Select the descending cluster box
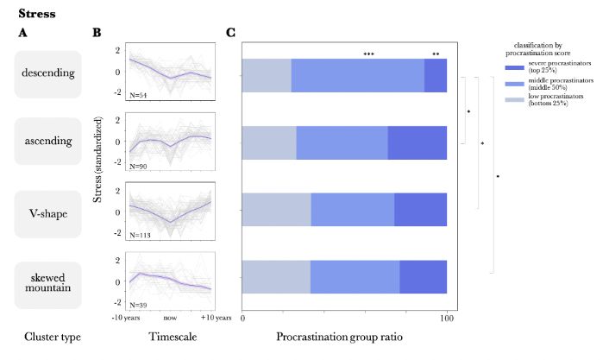(x=47, y=75)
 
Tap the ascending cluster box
(x=47, y=142)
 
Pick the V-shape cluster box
(x=47, y=209)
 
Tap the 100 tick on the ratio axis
(x=447, y=318)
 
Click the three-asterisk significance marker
(x=369, y=54)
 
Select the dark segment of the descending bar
(x=436, y=75)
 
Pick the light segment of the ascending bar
(x=269, y=142)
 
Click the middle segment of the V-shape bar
(x=352, y=210)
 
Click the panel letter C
(x=231, y=34)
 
